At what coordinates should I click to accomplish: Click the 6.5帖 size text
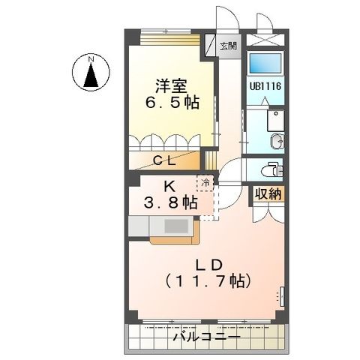click(x=172, y=103)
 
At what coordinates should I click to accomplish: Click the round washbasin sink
click(x=276, y=140)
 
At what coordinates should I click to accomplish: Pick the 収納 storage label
click(x=267, y=194)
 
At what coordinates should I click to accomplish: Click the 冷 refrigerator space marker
click(x=205, y=181)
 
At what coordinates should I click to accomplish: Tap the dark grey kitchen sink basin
click(x=177, y=226)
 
